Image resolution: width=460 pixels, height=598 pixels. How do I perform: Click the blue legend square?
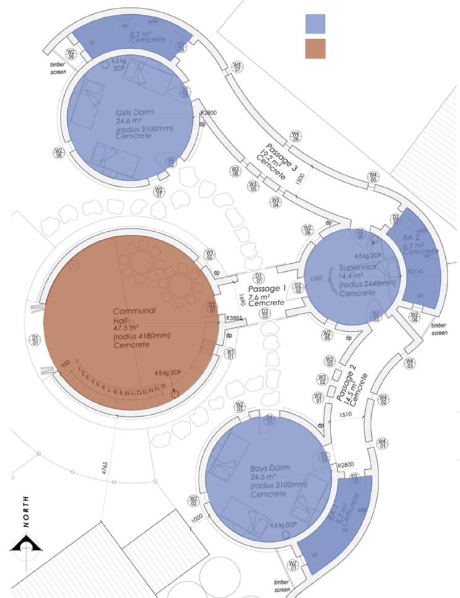(315, 23)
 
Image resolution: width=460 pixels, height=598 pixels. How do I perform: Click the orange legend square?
(315, 49)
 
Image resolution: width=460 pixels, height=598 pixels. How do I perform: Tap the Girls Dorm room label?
(134, 113)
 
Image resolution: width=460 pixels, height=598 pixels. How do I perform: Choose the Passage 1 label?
(267, 289)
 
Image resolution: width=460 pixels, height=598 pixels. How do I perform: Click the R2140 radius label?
(416, 271)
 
